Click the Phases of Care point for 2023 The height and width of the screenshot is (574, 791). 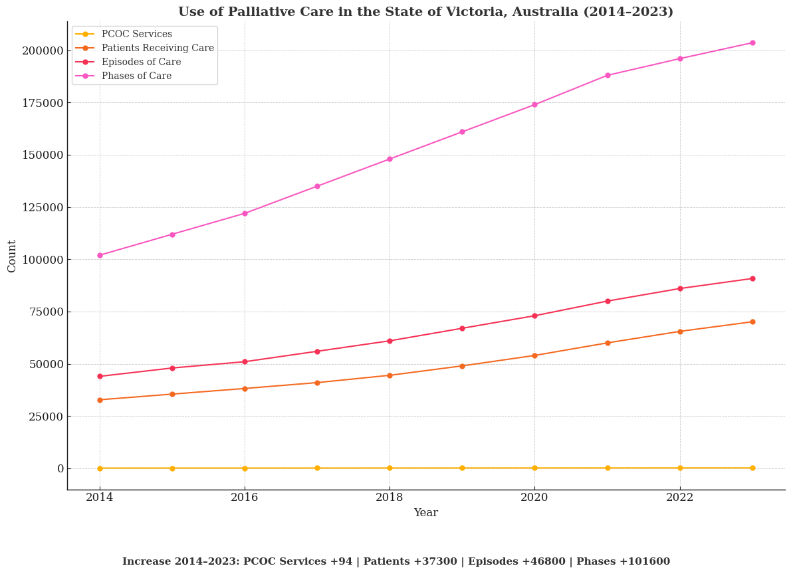(752, 43)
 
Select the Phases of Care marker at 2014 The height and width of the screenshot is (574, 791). (100, 255)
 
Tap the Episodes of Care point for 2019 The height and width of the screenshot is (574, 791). (462, 328)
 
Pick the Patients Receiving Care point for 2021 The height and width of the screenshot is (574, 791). (608, 343)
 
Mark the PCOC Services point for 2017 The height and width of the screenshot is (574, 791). (317, 468)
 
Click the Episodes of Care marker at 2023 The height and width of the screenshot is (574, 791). (752, 278)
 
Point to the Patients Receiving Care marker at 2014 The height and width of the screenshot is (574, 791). (100, 400)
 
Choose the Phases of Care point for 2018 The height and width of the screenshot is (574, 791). (390, 159)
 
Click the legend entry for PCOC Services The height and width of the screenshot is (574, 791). (136, 35)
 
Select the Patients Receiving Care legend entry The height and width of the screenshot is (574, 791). (158, 48)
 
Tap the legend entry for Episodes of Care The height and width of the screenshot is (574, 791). (141, 62)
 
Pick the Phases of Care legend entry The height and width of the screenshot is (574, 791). (136, 76)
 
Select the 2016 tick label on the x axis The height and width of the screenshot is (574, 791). (245, 497)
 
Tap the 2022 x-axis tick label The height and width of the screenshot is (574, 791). (680, 497)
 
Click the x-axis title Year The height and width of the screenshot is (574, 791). (425, 513)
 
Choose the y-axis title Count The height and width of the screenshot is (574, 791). (12, 256)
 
